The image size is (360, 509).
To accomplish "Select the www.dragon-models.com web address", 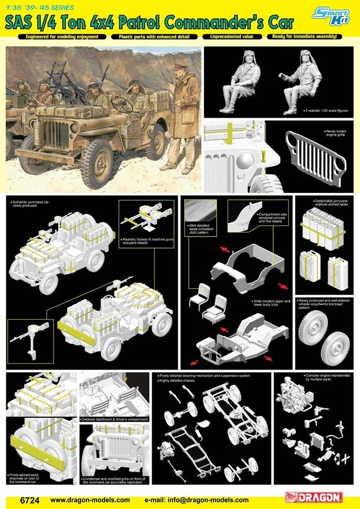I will pyautogui.click(x=90, y=499).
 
